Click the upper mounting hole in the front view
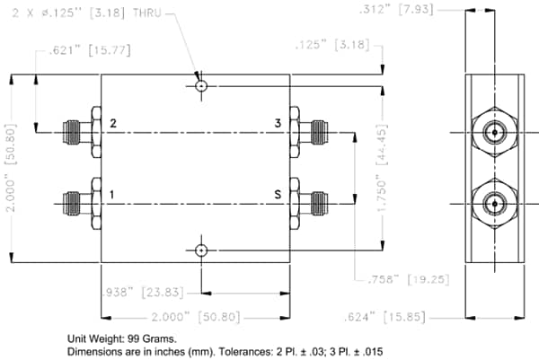pyautogui.click(x=202, y=86)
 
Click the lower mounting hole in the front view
pyautogui.click(x=202, y=250)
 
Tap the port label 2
pyautogui.click(x=112, y=123)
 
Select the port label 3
pyautogui.click(x=278, y=123)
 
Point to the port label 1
pyautogui.click(x=112, y=193)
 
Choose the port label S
pyautogui.click(x=278, y=193)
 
